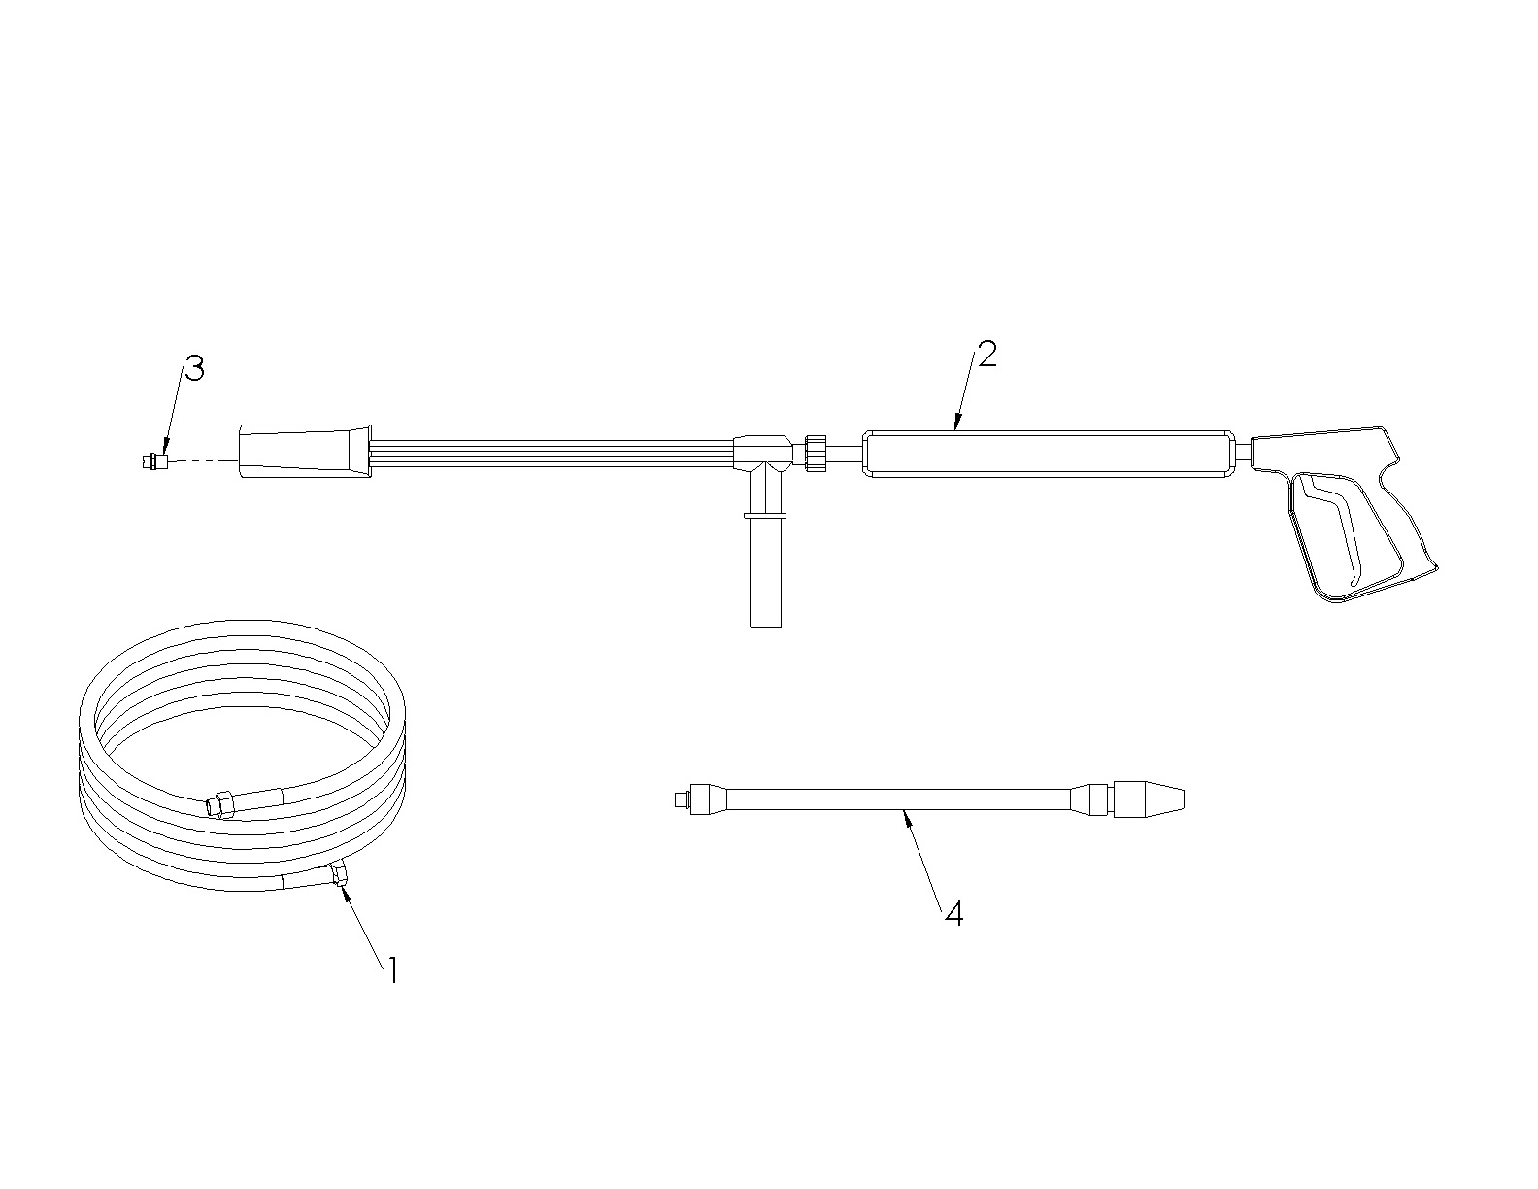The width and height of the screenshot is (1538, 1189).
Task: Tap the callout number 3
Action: [194, 368]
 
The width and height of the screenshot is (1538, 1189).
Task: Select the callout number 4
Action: [954, 913]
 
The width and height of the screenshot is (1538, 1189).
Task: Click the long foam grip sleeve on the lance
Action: [1050, 454]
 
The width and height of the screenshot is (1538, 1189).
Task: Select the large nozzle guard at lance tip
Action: [305, 452]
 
